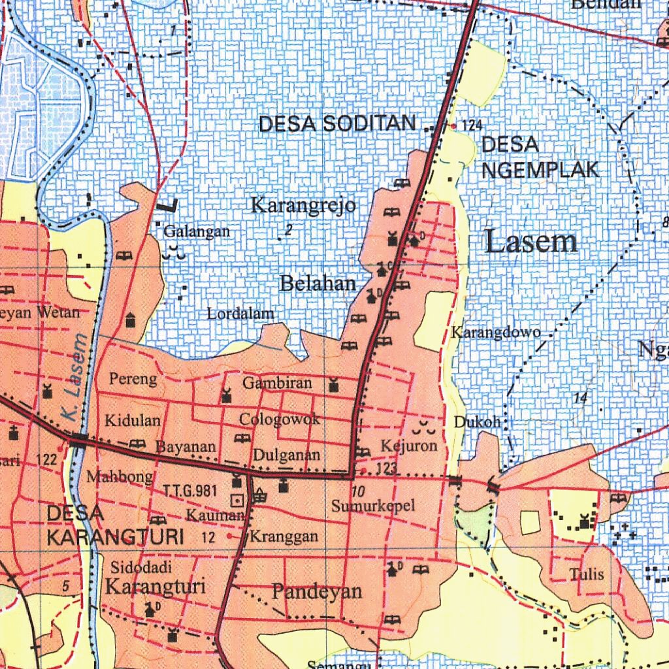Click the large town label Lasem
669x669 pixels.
tap(532, 242)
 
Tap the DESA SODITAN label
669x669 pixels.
tap(338, 124)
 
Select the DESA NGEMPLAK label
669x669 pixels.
tap(540, 157)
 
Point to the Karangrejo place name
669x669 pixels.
tap(304, 206)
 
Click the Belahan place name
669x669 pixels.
tap(318, 284)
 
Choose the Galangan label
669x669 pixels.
tap(197, 231)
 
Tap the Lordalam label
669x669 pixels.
tap(240, 314)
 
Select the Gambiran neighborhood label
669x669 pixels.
tap(277, 383)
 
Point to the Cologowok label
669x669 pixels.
tap(280, 419)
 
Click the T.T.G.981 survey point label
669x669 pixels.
tap(189, 491)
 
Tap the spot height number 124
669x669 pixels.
tap(472, 125)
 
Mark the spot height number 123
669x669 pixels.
tap(387, 469)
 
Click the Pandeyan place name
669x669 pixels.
tap(317, 592)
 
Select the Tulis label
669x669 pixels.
tap(586, 575)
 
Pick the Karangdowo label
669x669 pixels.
tap(496, 333)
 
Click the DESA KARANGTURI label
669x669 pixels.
tap(114, 526)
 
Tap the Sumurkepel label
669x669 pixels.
tap(373, 506)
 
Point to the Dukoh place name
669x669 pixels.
tap(477, 423)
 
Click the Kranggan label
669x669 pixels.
tap(284, 537)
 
